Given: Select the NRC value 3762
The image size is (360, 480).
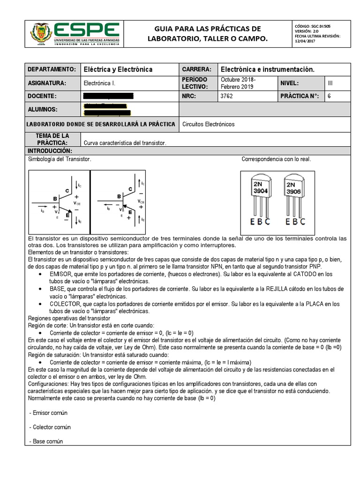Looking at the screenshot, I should [226, 96].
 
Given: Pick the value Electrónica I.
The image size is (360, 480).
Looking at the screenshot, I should [99, 83].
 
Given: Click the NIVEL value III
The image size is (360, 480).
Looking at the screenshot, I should [330, 83].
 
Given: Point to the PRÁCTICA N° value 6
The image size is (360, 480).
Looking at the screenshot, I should [330, 96].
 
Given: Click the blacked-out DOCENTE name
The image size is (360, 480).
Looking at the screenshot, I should [108, 96].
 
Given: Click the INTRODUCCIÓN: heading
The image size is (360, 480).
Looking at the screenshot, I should [50, 151].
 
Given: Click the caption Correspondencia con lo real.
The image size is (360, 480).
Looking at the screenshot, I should [276, 159].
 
